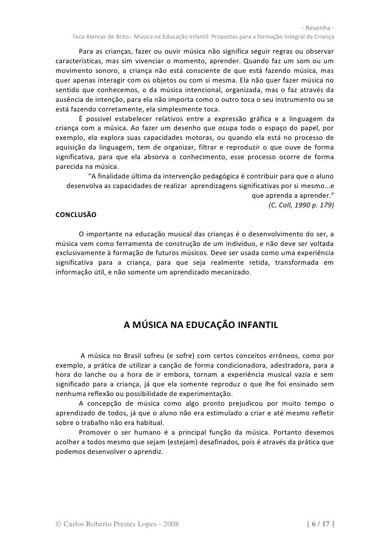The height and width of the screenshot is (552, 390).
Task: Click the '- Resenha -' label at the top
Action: [318, 28]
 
